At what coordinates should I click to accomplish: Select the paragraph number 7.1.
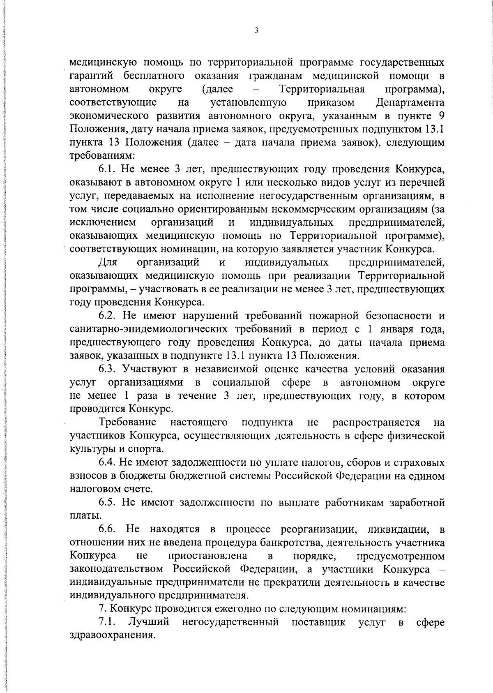[108, 622]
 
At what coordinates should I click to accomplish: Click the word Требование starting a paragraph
[127, 423]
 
